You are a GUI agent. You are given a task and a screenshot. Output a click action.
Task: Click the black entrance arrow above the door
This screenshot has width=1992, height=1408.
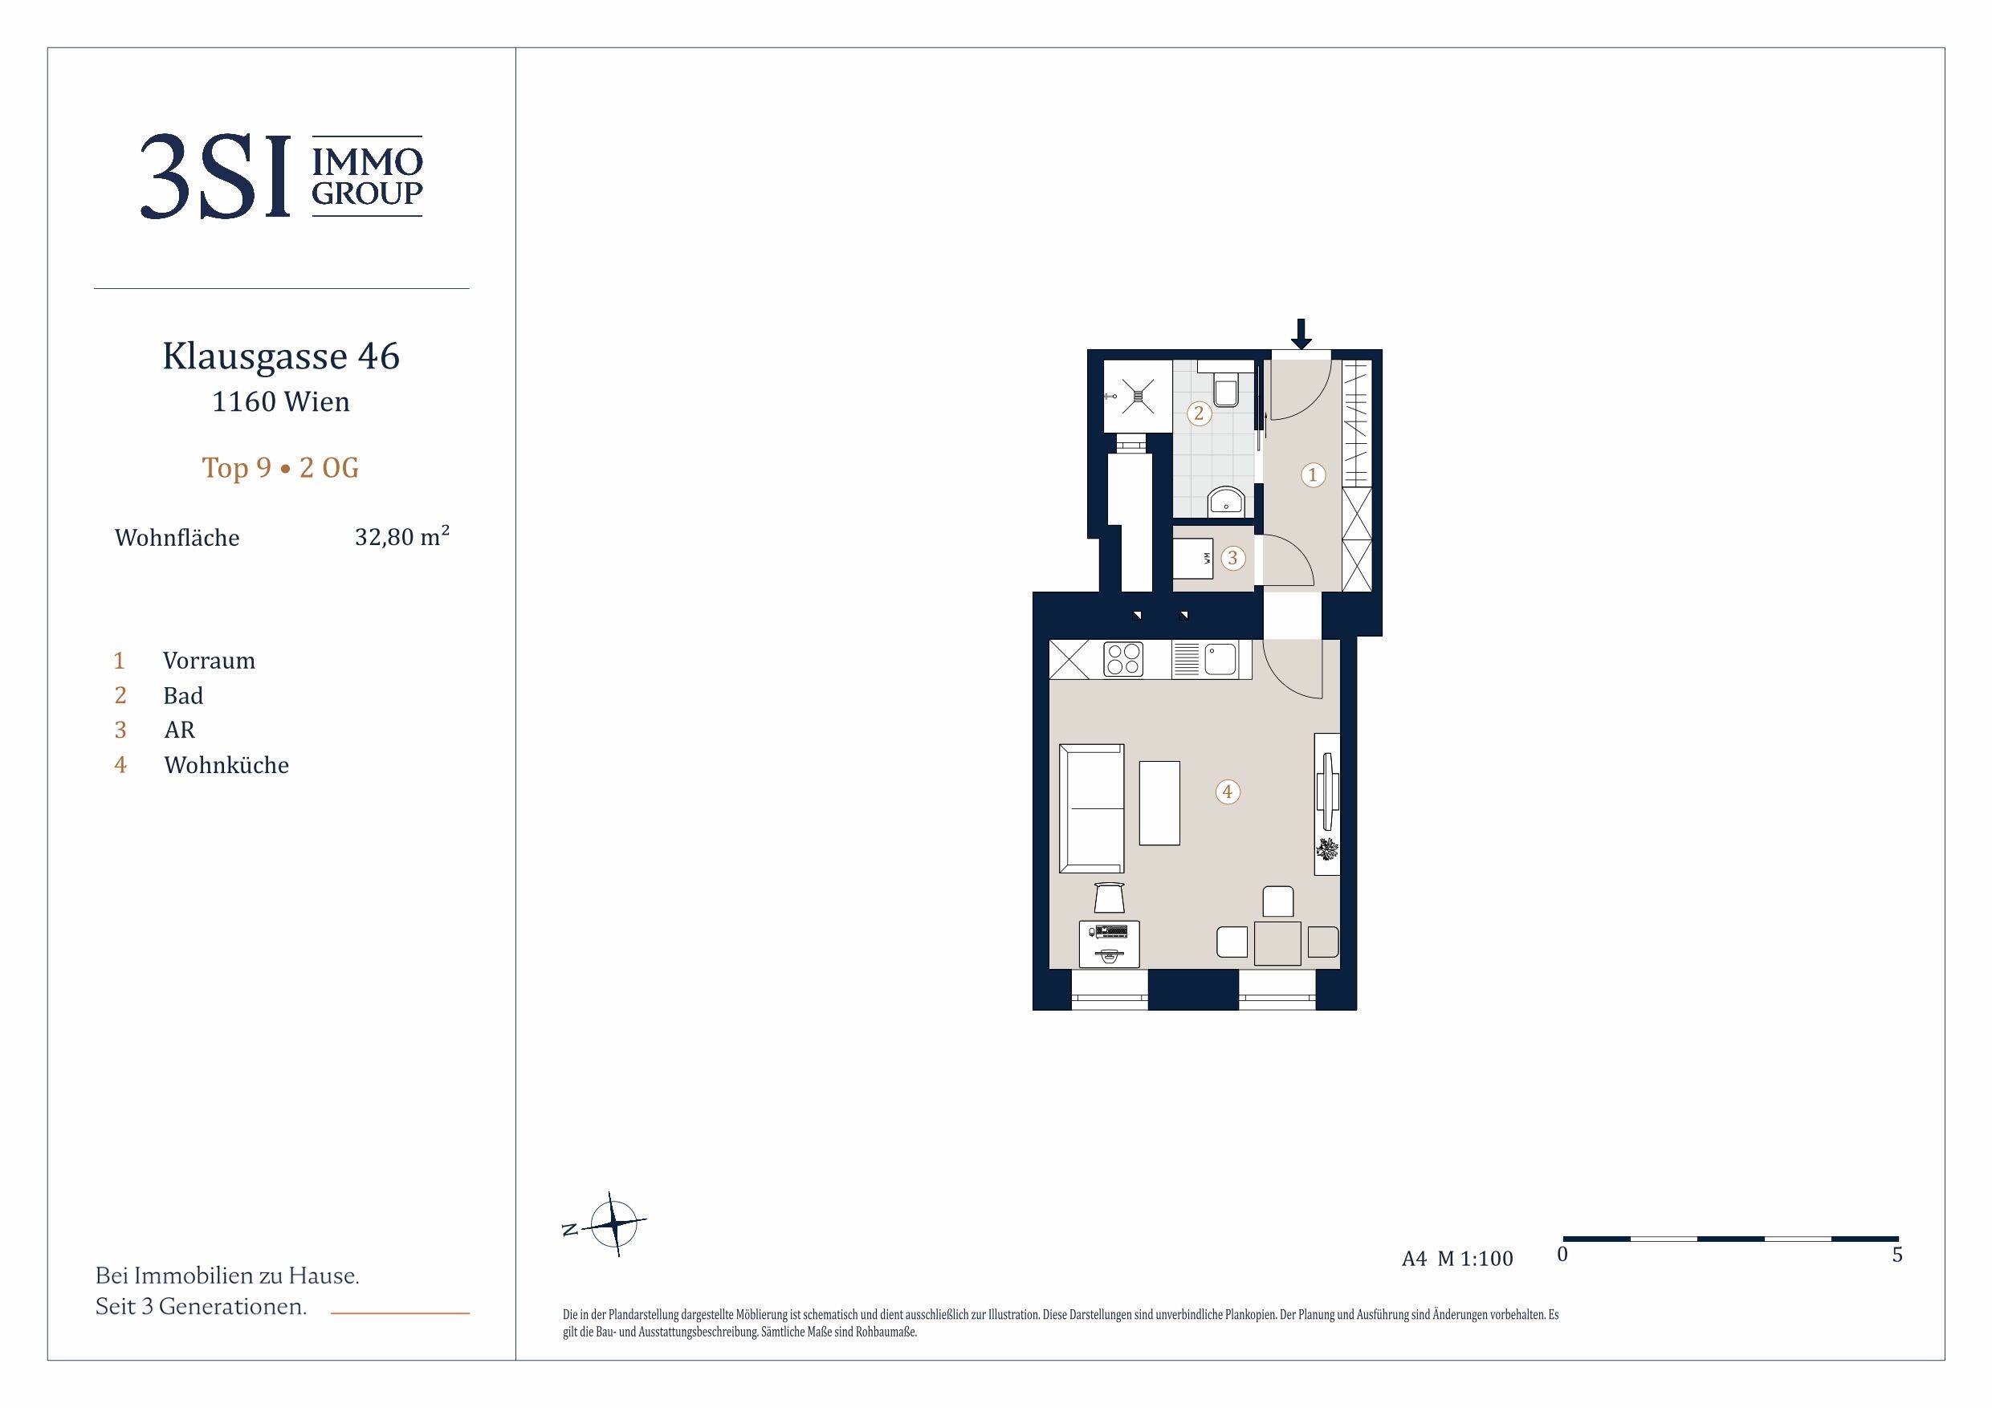tap(1301, 334)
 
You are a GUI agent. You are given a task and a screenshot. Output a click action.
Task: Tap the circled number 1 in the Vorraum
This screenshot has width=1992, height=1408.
tap(1313, 474)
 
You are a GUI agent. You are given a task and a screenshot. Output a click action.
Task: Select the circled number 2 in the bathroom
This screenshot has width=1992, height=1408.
tap(1199, 413)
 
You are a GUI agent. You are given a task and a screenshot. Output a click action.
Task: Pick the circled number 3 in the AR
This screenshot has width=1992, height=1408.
tap(1232, 558)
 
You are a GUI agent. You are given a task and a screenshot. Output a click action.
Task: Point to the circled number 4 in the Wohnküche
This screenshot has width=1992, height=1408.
tap(1227, 791)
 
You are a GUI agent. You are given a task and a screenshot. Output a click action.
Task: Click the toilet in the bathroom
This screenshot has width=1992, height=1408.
tap(1226, 388)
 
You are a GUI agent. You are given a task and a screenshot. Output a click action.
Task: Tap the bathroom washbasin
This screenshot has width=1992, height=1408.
tap(1226, 502)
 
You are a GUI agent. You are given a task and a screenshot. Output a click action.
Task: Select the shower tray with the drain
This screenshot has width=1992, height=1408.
tap(1138, 397)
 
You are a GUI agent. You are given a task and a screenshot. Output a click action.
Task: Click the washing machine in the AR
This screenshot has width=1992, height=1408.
tap(1193, 558)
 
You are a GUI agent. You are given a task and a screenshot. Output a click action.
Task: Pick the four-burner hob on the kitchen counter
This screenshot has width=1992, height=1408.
tap(1122, 659)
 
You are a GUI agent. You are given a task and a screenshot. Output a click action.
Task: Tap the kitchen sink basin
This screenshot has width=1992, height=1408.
tap(1220, 658)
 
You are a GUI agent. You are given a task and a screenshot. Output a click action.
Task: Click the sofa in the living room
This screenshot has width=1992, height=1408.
tap(1091, 808)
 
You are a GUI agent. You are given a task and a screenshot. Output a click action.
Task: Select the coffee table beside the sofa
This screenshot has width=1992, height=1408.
tap(1159, 803)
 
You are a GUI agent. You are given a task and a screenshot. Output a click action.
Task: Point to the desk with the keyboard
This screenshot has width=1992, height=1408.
tap(1109, 944)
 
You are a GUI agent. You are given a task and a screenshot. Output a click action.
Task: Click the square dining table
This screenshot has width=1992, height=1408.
tap(1277, 943)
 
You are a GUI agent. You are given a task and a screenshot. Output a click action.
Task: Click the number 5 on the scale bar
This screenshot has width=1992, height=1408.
tap(1897, 1255)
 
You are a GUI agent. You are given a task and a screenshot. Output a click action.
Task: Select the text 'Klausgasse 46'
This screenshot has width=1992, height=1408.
tap(281, 356)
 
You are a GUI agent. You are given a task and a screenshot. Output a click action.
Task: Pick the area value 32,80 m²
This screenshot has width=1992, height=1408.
tap(401, 536)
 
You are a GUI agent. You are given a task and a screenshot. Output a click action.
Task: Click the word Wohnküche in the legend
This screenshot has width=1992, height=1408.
tap(226, 764)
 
